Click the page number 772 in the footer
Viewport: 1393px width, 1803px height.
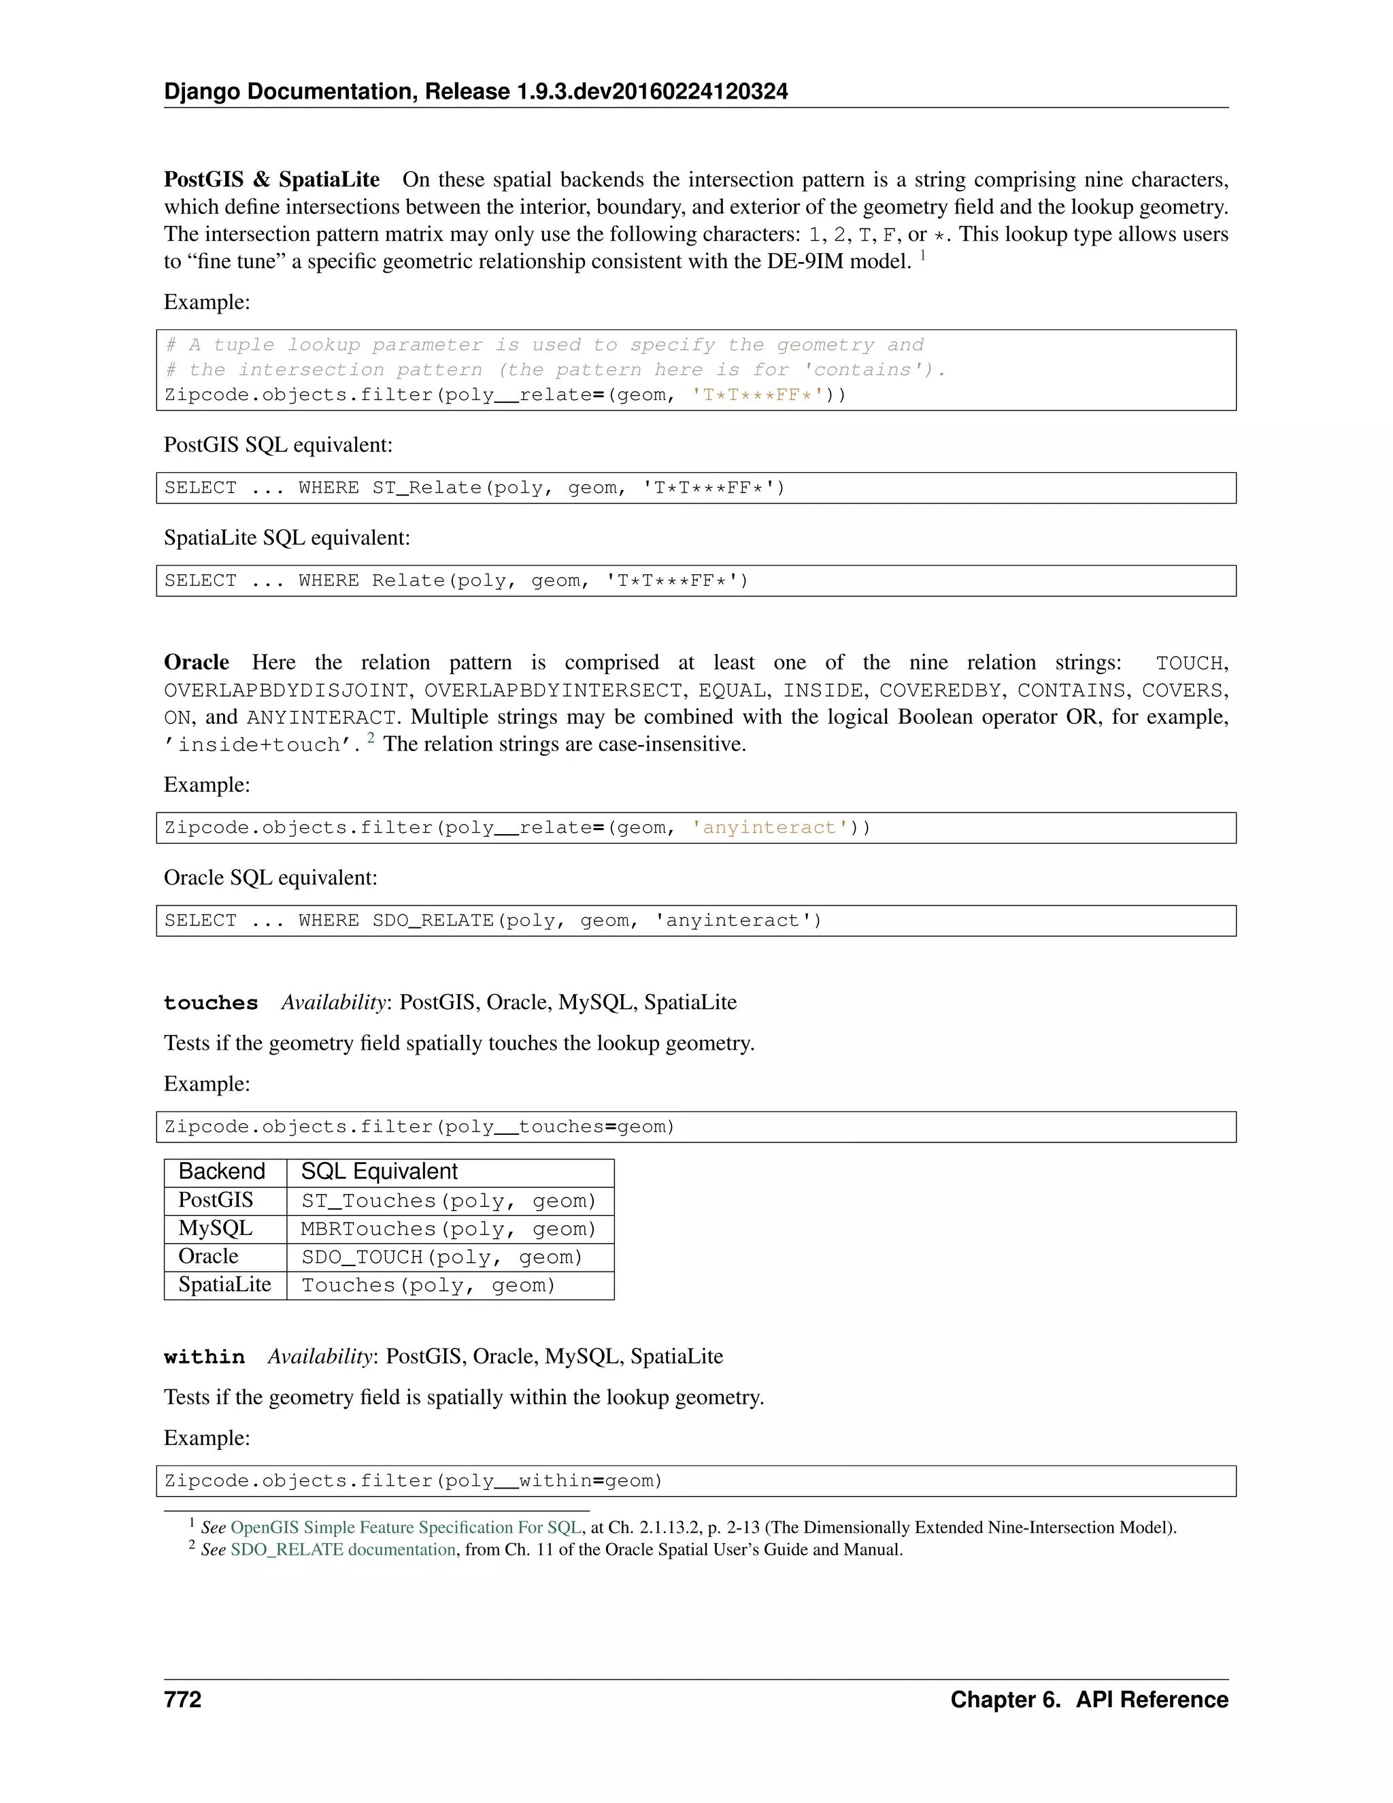point(182,1700)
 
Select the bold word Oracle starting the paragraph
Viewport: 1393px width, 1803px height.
point(197,662)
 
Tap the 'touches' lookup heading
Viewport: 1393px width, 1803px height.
point(210,1003)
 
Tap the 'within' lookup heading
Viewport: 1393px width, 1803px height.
point(204,1357)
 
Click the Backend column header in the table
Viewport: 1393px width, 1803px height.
point(221,1172)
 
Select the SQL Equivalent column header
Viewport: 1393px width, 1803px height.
point(379,1172)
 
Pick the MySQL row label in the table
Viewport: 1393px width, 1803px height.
point(216,1228)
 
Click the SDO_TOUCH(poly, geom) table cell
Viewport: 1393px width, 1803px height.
point(441,1257)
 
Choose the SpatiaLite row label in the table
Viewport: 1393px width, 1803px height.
point(224,1285)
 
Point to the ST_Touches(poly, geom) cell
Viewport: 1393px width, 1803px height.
point(448,1201)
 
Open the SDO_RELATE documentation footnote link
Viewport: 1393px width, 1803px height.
point(343,1549)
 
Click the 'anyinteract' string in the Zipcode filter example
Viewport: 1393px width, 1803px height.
point(769,828)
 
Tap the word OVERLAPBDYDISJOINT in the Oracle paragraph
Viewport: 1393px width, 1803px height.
point(286,690)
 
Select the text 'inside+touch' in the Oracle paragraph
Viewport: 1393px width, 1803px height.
point(259,744)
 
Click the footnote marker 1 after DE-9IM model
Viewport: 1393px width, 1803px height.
point(922,256)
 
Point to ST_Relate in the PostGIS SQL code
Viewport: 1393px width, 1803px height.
point(426,488)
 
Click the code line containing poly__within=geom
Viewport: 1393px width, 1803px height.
point(414,1481)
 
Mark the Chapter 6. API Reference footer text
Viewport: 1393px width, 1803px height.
point(1088,1700)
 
